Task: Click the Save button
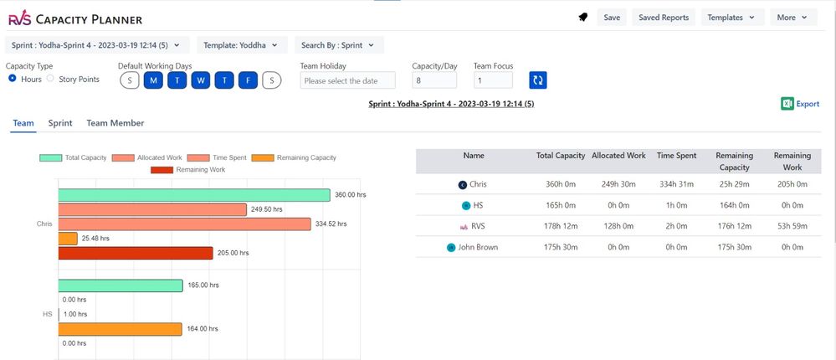tap(612, 17)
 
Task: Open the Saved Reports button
tap(663, 17)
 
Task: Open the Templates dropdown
tap(731, 17)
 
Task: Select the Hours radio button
tap(13, 79)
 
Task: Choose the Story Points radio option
tap(50, 79)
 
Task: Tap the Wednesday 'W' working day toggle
tap(200, 80)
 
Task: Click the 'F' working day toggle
tap(247, 80)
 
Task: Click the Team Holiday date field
tap(347, 80)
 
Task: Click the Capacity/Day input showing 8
tap(433, 80)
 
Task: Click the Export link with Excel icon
tap(800, 104)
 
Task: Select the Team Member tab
tap(115, 123)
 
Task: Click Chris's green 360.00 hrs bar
tap(194, 195)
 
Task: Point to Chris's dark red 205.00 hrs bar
tap(136, 253)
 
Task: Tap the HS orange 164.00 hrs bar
tap(120, 329)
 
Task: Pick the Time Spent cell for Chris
tap(677, 184)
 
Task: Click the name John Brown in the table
tap(477, 247)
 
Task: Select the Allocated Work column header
tap(618, 156)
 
